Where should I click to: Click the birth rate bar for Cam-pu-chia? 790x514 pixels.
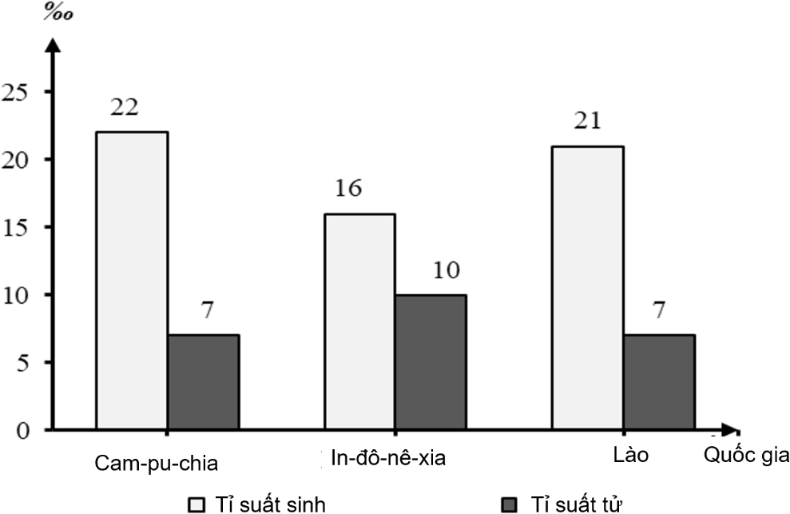[132, 280]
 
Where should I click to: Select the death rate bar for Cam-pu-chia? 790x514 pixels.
[203, 382]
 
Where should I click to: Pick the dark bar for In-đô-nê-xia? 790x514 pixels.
[431, 362]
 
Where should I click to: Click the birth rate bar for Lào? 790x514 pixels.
[588, 288]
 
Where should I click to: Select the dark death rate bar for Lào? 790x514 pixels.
[659, 382]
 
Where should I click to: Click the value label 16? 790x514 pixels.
[349, 189]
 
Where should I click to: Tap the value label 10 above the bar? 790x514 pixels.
[445, 270]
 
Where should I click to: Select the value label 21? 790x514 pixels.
[588, 122]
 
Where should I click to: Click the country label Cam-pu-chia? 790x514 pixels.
[156, 463]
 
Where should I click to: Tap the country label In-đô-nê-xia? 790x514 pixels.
[388, 460]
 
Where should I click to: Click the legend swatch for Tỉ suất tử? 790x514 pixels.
[510, 504]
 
